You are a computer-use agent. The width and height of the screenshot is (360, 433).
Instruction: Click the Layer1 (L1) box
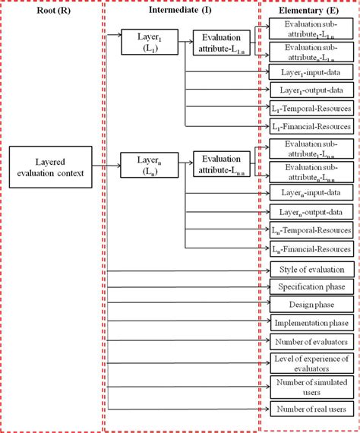pyautogui.click(x=148, y=42)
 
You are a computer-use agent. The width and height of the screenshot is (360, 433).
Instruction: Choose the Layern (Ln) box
pyautogui.click(x=148, y=164)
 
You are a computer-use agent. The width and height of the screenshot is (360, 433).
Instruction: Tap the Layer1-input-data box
pyautogui.click(x=311, y=71)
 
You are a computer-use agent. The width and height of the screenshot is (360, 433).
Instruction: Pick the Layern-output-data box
pyautogui.click(x=311, y=212)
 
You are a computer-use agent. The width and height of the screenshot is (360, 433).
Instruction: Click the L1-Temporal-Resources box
pyautogui.click(x=311, y=108)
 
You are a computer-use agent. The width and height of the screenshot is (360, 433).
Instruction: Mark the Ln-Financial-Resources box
pyautogui.click(x=311, y=248)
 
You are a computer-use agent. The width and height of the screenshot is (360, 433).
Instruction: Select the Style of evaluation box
pyautogui.click(x=311, y=270)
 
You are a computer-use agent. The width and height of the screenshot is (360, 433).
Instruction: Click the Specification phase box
pyautogui.click(x=311, y=287)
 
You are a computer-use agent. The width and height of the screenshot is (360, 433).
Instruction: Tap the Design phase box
pyautogui.click(x=311, y=305)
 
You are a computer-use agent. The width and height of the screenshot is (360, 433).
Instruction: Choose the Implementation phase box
pyautogui.click(x=311, y=324)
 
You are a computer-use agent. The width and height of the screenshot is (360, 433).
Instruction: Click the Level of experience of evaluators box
pyautogui.click(x=311, y=363)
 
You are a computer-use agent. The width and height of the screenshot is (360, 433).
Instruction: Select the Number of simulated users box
pyautogui.click(x=311, y=387)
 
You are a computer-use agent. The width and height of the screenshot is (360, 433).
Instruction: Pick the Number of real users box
pyautogui.click(x=311, y=409)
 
